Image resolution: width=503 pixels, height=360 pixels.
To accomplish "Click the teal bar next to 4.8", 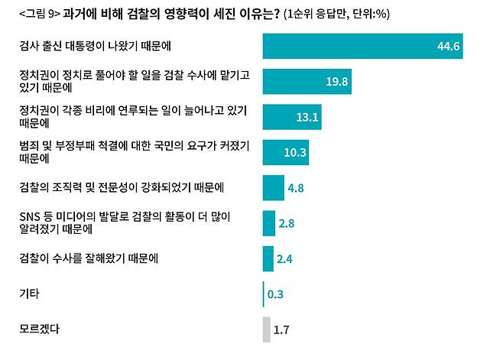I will (273, 187).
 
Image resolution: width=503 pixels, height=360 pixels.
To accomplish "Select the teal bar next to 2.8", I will (268, 222).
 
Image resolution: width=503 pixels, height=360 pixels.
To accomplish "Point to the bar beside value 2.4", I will (268, 258).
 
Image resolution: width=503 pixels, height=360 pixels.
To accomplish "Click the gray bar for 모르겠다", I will (266, 329).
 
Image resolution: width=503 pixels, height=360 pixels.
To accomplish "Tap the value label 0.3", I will (276, 294).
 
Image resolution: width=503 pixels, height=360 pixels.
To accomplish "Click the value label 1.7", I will (281, 330).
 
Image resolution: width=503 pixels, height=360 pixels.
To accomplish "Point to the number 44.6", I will (448, 47).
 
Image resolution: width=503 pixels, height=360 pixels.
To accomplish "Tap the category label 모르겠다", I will (39, 329).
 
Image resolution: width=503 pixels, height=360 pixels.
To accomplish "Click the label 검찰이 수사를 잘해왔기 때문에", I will (88, 258).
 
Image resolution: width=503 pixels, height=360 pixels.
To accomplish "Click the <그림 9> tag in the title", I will (39, 13).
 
